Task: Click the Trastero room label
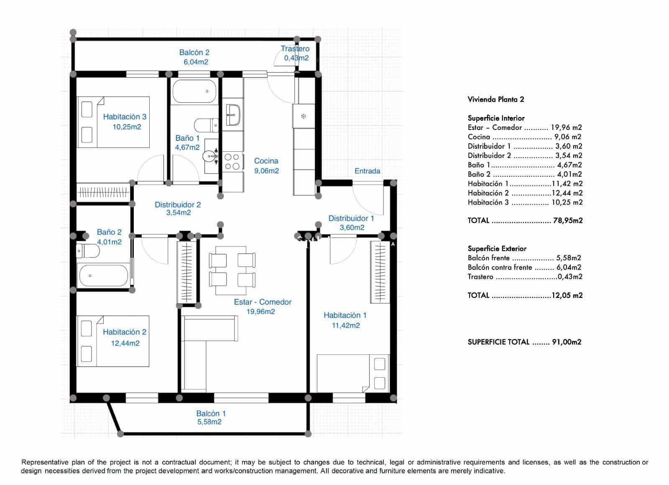pyautogui.click(x=295, y=49)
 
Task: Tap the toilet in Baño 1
pyautogui.click(x=206, y=125)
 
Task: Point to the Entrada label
pyautogui.click(x=367, y=171)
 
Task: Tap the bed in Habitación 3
pyautogui.click(x=113, y=122)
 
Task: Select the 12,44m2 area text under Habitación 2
pyautogui.click(x=125, y=343)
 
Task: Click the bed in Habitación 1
pyautogui.click(x=353, y=373)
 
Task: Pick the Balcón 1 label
pyautogui.click(x=211, y=413)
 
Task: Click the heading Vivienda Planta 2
pyautogui.click(x=496, y=99)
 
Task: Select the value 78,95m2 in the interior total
pyautogui.click(x=567, y=221)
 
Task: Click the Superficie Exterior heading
pyautogui.click(x=497, y=249)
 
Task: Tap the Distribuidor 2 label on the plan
pyautogui.click(x=178, y=205)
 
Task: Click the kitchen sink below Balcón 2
pyautogui.click(x=232, y=114)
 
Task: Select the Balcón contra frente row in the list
pyautogui.click(x=524, y=267)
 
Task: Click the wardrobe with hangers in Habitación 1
pyautogui.click(x=380, y=272)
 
